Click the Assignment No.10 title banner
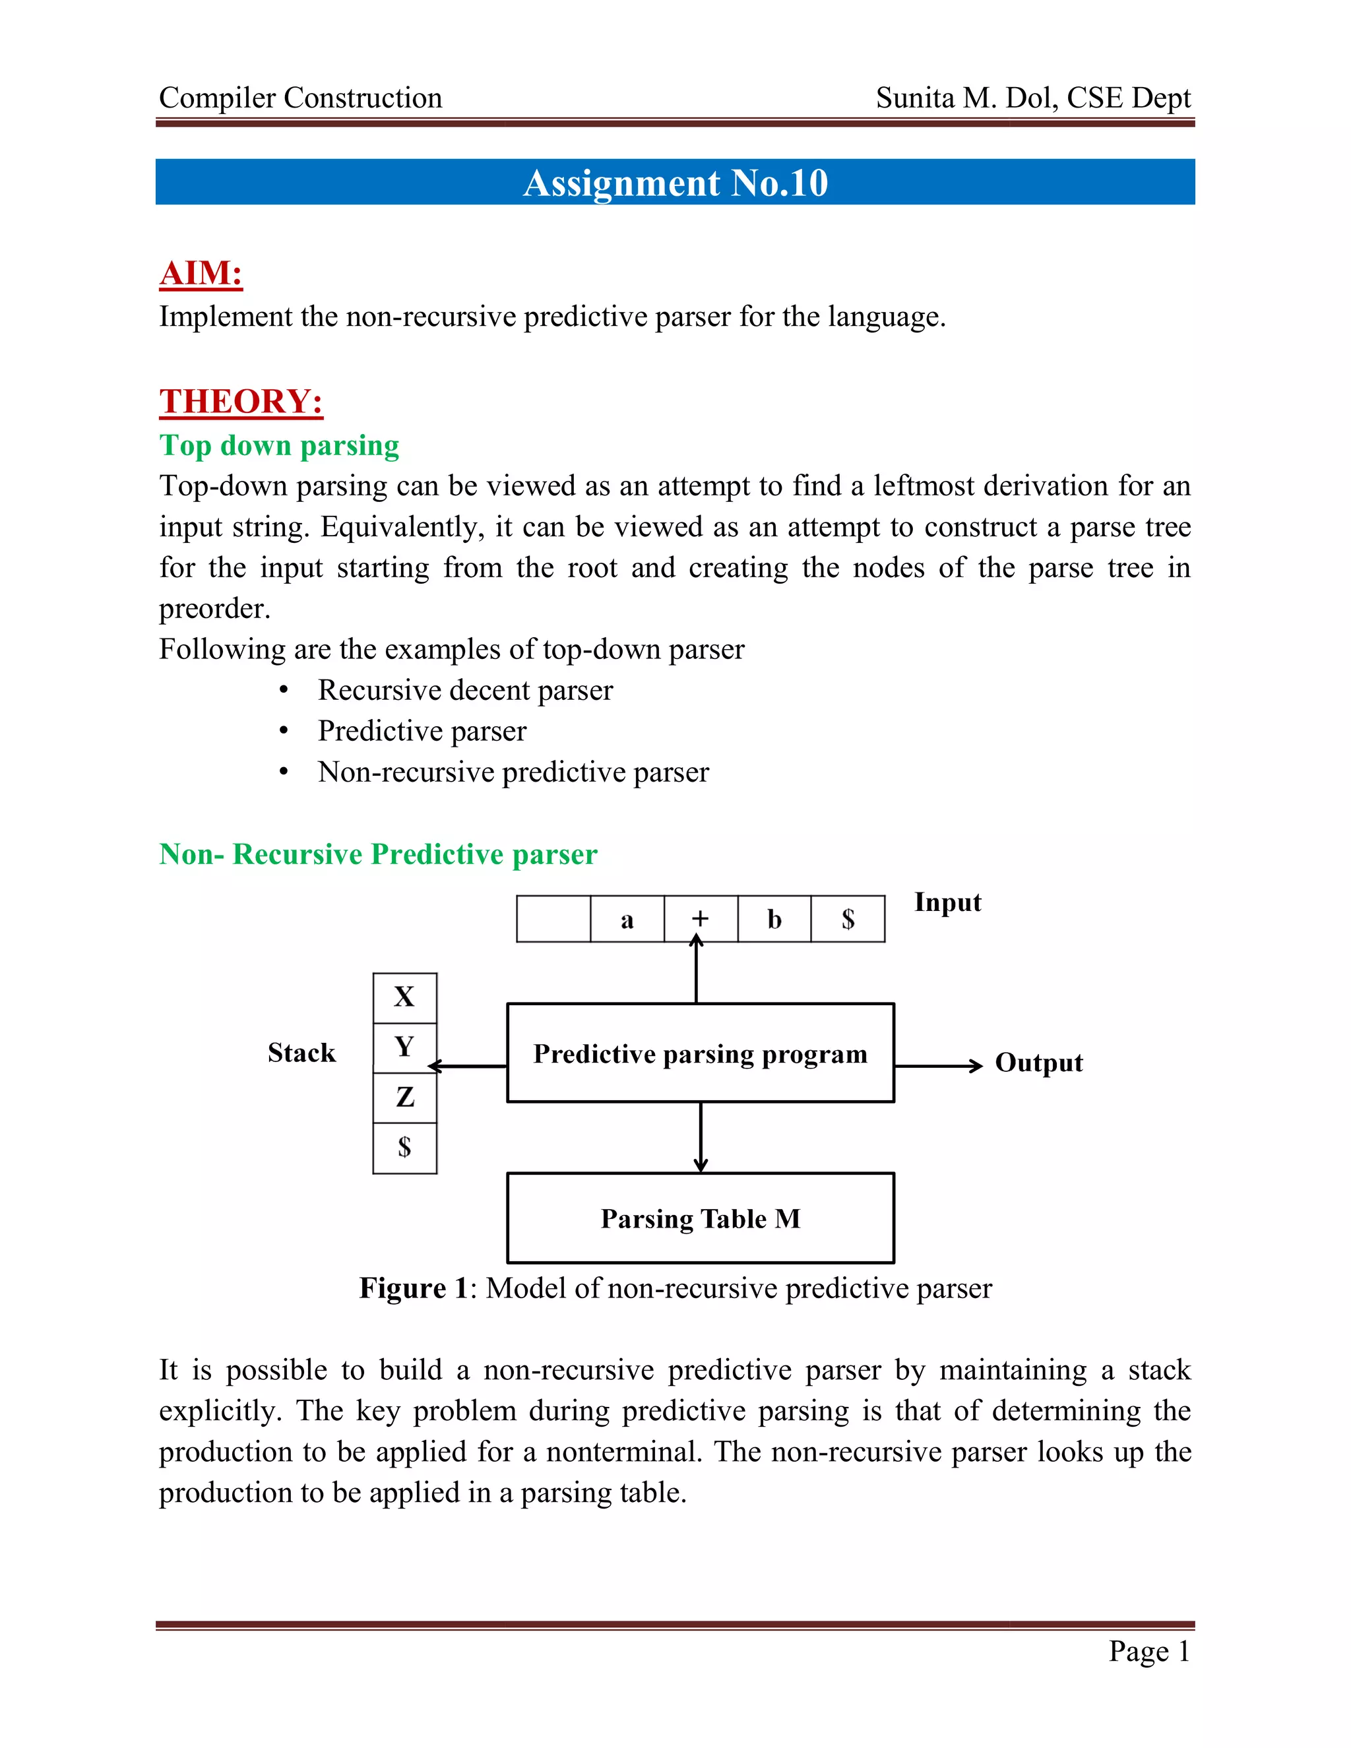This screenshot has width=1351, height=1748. (675, 183)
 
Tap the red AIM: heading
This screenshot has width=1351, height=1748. (201, 274)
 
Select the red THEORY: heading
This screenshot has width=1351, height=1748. (241, 402)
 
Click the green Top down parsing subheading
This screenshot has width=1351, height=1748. (279, 446)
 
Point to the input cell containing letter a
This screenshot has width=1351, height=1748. (627, 919)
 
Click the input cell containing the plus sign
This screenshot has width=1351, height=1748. (701, 919)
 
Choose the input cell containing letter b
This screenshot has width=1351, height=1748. (774, 919)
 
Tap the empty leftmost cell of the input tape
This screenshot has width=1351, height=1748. (553, 919)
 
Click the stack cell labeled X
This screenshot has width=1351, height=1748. (404, 997)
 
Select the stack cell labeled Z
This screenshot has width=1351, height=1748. (404, 1098)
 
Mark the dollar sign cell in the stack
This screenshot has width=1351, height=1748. (404, 1148)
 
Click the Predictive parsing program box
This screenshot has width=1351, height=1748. (701, 1053)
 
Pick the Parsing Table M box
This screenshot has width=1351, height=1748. (701, 1218)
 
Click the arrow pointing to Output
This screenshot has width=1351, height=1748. (938, 1066)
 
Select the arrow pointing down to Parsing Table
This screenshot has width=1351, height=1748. (701, 1137)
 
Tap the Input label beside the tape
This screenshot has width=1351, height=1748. (948, 902)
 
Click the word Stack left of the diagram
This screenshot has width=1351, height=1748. (301, 1053)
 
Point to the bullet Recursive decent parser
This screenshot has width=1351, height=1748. (465, 690)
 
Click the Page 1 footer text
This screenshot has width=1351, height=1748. (1148, 1650)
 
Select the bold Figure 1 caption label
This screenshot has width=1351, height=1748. (413, 1289)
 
